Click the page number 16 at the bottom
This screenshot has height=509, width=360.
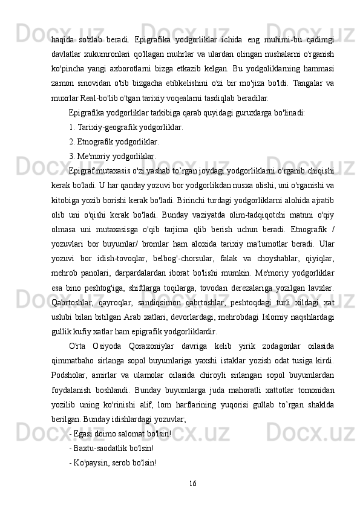click(192, 482)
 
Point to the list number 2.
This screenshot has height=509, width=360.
click(72, 143)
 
